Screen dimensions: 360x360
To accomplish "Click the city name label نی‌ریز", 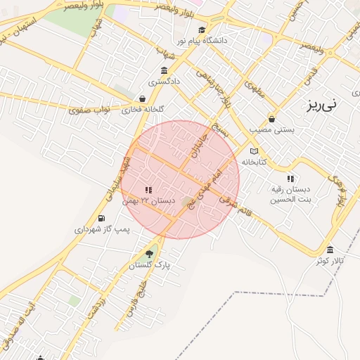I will point(322,105).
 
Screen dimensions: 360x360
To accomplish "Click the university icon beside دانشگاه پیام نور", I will point(202,30).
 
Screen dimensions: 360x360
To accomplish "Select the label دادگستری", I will point(164,82).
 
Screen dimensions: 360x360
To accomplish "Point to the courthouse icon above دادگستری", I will point(164,70).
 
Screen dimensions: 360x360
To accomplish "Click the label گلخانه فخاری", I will point(143,110).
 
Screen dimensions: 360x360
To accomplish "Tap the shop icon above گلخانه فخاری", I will point(143,98).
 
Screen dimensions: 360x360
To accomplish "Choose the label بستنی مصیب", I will point(272,129).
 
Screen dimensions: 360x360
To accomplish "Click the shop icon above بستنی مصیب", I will point(272,118).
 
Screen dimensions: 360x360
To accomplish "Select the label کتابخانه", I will point(254,162).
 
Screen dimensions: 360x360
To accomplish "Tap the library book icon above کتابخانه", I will point(254,150).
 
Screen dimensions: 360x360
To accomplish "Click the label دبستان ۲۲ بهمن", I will point(148,201).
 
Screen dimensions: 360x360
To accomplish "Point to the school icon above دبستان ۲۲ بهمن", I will point(148,190).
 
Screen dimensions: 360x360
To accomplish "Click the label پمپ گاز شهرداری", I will point(103,229).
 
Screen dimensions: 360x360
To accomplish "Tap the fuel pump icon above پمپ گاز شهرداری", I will point(103,218).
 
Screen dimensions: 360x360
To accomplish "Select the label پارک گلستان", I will point(150,265).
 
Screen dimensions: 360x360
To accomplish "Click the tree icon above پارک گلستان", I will point(148,254).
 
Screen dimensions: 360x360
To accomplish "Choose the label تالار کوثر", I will point(330,261).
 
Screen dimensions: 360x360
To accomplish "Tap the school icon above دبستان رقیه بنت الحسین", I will point(291,179).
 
